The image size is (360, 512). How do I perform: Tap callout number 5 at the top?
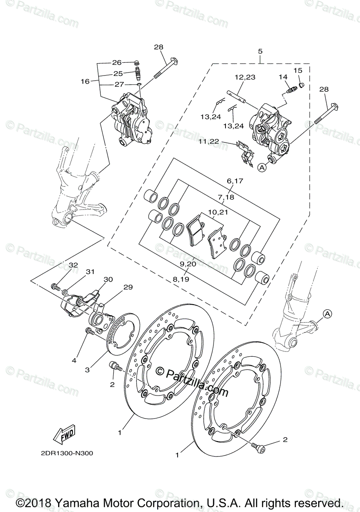coord(260,52)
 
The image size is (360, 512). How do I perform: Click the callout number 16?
coord(85,81)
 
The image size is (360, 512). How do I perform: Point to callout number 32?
coord(73,265)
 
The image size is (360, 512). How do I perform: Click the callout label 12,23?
coord(245,77)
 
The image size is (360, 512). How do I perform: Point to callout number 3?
coord(87,369)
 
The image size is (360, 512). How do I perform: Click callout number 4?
coord(74,361)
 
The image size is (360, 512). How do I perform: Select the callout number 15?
coord(298,70)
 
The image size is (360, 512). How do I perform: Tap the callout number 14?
coord(284,77)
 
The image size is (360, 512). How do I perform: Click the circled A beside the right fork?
coord(327,314)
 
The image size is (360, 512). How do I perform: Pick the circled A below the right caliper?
coord(261,169)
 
